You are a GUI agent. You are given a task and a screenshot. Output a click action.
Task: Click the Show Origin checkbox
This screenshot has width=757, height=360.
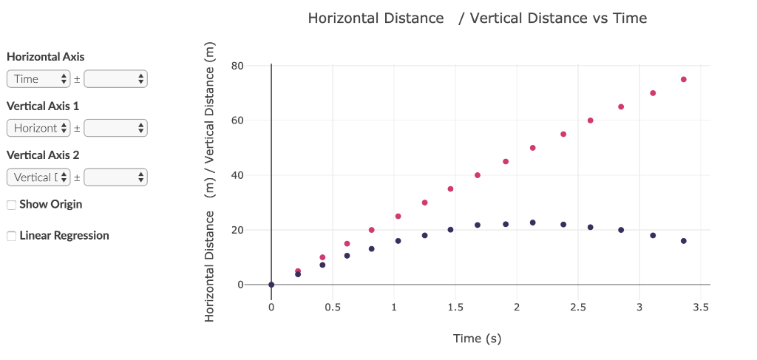[11, 205]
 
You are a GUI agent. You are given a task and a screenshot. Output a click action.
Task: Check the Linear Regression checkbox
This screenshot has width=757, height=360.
[11, 236]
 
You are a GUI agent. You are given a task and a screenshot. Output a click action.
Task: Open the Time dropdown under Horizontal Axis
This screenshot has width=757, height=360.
[38, 79]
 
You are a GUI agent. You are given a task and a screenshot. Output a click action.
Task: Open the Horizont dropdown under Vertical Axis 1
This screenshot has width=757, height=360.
[38, 129]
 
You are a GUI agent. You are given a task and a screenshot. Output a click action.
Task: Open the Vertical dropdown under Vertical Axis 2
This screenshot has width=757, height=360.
[38, 177]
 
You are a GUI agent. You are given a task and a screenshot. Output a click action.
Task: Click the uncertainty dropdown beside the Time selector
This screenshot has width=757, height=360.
[116, 79]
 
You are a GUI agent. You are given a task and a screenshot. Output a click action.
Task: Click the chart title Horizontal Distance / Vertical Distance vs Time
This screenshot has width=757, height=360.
[477, 18]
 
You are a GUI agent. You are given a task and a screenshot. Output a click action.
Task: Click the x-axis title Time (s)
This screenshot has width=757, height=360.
[477, 339]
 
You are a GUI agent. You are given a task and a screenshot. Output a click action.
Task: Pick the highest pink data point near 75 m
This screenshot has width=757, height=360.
[684, 79]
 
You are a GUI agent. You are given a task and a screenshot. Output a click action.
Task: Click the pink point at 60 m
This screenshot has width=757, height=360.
[591, 120]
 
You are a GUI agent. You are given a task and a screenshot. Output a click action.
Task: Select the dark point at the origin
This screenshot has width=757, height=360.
[271, 285]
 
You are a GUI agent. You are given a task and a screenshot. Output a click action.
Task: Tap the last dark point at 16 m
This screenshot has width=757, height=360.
[684, 241]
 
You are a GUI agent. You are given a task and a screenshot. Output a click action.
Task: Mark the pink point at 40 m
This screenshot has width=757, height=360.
[478, 175]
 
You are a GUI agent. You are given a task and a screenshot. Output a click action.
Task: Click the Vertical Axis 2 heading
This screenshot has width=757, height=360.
[43, 155]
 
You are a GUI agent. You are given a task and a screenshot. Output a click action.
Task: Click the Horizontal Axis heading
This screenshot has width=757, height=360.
[45, 57]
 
